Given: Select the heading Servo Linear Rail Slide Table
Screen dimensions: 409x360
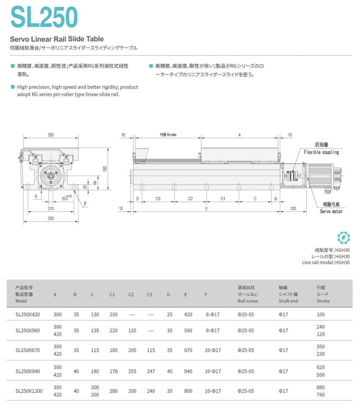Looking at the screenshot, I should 57,39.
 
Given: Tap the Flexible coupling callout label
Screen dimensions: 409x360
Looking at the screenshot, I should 321,152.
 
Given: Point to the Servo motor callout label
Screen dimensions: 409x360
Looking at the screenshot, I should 331,212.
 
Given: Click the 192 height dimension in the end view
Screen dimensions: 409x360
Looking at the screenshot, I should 105,168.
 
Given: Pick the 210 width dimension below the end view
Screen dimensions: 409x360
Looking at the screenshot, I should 51,208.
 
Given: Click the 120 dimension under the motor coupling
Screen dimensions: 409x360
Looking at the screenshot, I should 293,208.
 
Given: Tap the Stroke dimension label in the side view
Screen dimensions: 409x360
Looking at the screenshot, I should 168,135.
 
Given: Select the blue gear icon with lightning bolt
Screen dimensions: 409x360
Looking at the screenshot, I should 343,238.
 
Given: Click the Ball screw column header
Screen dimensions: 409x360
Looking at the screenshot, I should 248,301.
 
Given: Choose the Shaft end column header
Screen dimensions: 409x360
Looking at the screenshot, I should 288,301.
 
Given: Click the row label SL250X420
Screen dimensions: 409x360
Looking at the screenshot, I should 28,314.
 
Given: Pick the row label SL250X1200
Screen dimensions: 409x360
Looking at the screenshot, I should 29,391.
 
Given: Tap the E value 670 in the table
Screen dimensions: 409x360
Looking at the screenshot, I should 188,350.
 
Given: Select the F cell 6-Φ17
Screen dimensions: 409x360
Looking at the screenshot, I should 213,314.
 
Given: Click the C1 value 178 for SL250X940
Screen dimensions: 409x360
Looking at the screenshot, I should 114,371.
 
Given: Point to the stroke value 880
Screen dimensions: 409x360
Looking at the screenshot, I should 321,387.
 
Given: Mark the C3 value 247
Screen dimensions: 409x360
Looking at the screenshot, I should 151,371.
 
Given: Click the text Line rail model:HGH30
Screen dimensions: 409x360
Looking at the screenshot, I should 326,262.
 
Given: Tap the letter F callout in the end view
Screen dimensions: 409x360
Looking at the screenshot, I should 85,204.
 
